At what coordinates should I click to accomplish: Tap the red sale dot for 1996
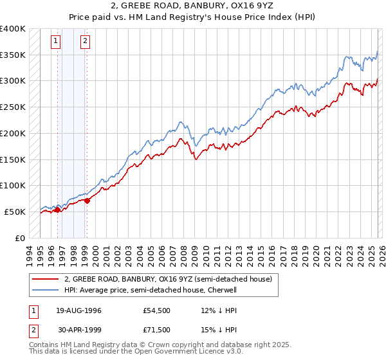click(57, 209)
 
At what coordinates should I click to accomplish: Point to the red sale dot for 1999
click(87, 200)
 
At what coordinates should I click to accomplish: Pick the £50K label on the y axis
click(15, 212)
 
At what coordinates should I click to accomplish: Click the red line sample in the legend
click(46, 279)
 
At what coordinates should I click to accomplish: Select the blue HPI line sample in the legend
click(46, 290)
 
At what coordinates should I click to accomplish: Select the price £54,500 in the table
click(157, 310)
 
